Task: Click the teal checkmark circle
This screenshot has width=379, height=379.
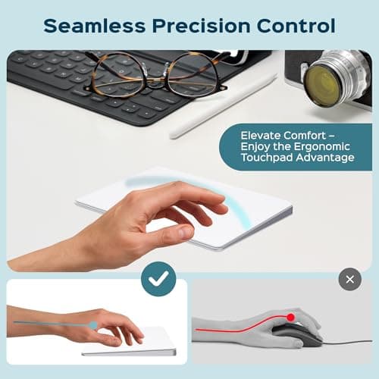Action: click(x=160, y=279)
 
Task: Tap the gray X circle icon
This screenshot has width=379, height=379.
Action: click(x=349, y=279)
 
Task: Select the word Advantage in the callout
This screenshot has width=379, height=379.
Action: click(x=328, y=158)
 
